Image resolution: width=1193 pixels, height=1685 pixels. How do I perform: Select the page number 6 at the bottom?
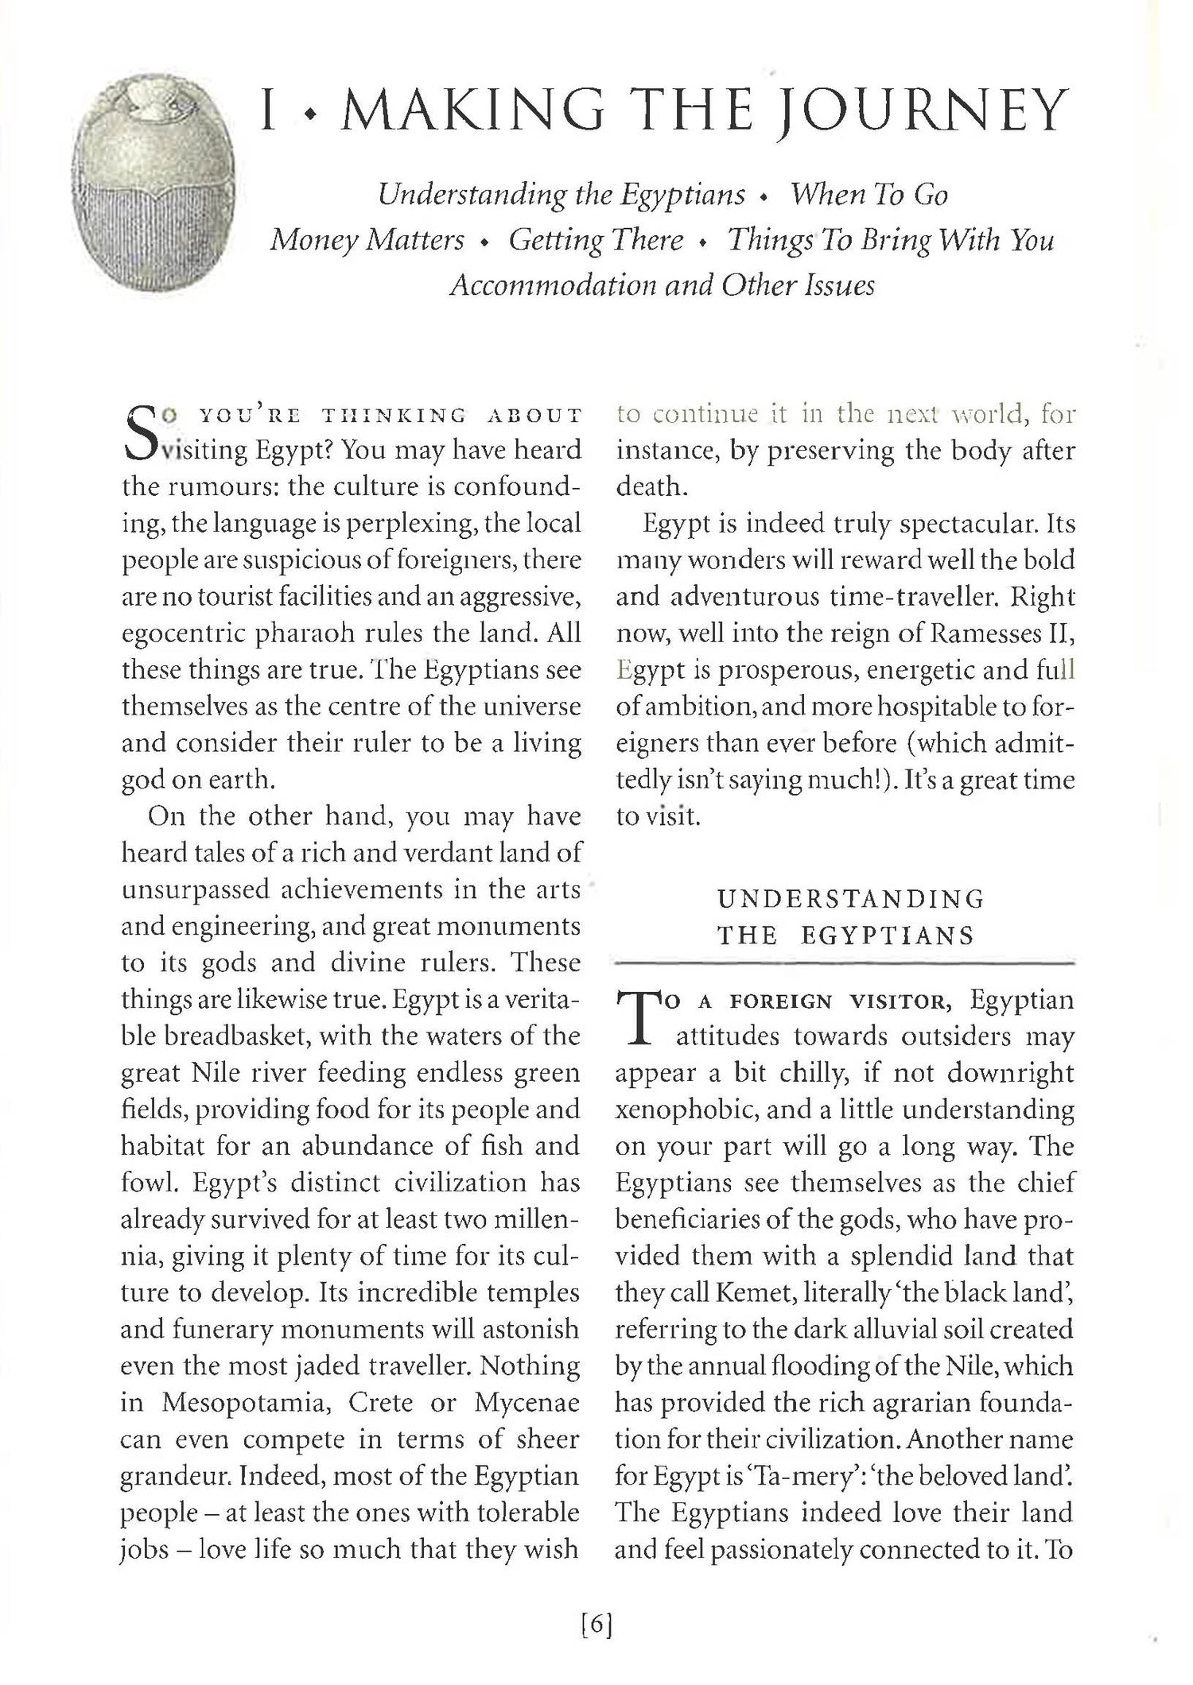[x=596, y=1625]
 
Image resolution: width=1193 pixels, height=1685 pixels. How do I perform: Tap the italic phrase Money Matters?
[x=367, y=239]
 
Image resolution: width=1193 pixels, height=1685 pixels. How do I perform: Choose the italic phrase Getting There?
[x=596, y=239]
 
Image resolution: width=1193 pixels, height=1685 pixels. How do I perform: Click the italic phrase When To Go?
[x=868, y=195]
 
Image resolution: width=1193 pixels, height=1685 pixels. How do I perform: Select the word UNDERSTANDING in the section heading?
[x=851, y=899]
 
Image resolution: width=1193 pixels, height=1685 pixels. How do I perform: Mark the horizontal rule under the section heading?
[x=845, y=964]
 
